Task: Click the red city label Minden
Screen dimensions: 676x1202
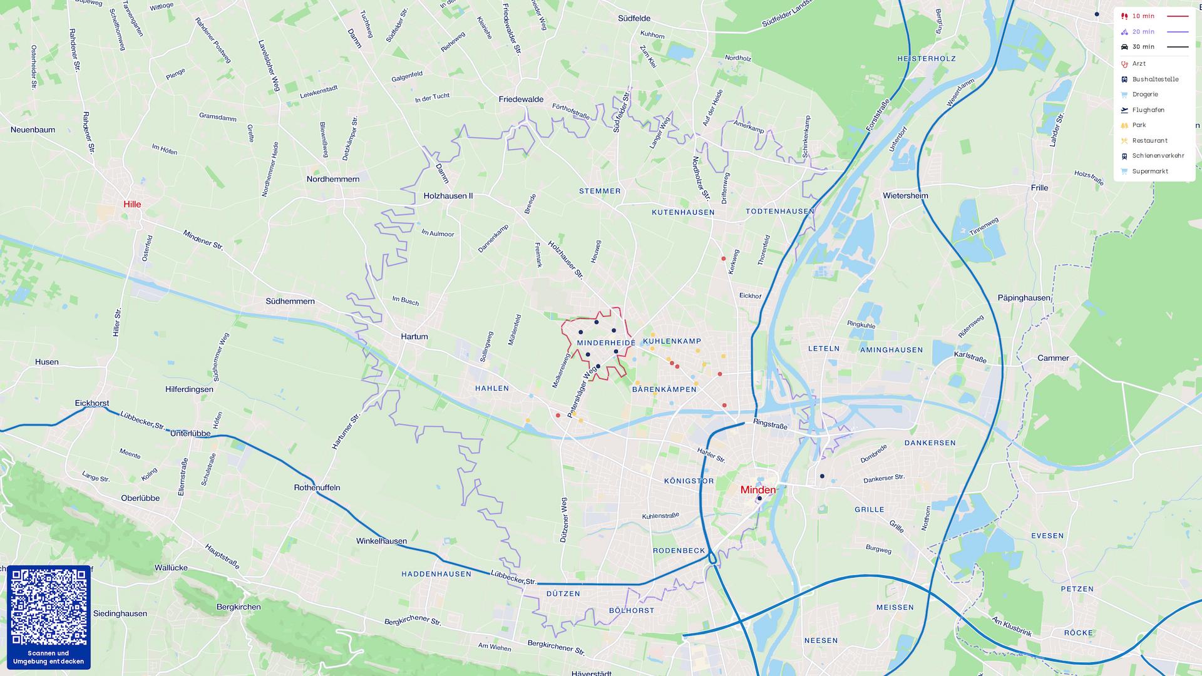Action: click(758, 489)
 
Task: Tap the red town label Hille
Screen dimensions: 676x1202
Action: click(132, 204)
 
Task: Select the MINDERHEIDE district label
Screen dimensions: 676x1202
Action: click(605, 343)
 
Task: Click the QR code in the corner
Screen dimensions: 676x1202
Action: click(48, 607)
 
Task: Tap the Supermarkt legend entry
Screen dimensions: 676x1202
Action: click(1149, 172)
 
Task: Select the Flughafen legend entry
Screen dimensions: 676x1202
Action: click(1148, 110)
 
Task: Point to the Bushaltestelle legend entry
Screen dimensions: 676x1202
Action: click(1154, 79)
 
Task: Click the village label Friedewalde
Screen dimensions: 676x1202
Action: click(521, 100)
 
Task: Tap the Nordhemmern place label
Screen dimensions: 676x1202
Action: click(332, 179)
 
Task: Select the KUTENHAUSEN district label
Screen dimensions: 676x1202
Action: click(683, 212)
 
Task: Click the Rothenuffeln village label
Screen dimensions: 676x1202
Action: click(317, 487)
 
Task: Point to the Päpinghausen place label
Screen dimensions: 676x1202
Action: click(1024, 298)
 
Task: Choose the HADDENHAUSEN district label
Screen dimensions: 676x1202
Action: click(436, 574)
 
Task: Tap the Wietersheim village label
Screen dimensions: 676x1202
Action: click(905, 196)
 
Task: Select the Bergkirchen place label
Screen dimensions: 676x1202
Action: click(238, 607)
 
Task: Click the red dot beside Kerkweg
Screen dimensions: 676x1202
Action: click(723, 259)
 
